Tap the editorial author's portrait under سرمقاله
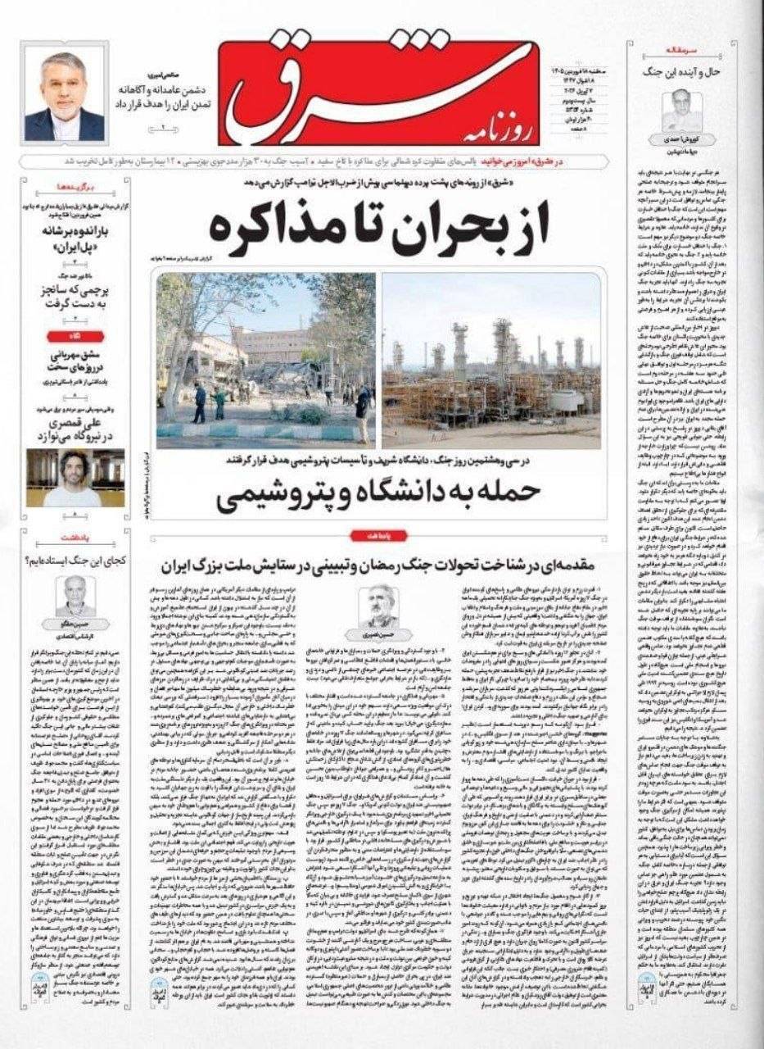click(x=681, y=111)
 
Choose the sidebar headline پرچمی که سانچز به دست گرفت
click(x=75, y=297)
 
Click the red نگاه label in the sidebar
click(x=75, y=334)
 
